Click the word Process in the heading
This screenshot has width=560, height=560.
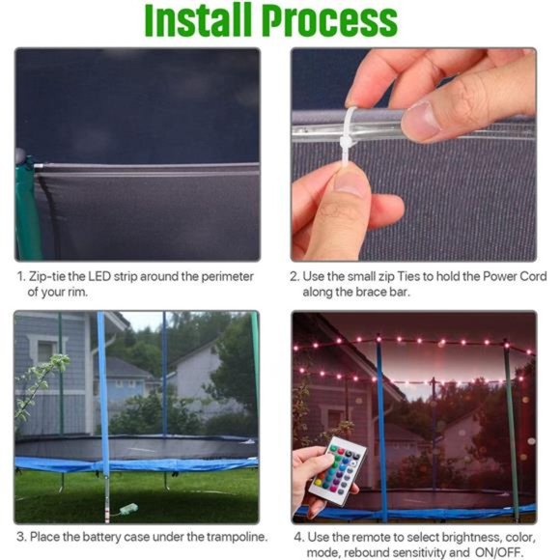pyautogui.click(x=329, y=20)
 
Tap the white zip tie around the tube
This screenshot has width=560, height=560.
pyautogui.click(x=350, y=138)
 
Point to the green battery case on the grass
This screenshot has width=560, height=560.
pyautogui.click(x=128, y=509)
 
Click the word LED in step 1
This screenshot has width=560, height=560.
pyautogui.click(x=99, y=276)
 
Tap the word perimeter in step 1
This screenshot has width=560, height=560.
pyautogui.click(x=227, y=277)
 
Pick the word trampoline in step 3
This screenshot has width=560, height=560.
pyautogui.click(x=237, y=537)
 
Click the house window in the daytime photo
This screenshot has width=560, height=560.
pyautogui.click(x=45, y=351)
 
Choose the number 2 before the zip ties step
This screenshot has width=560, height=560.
pyautogui.click(x=294, y=276)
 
